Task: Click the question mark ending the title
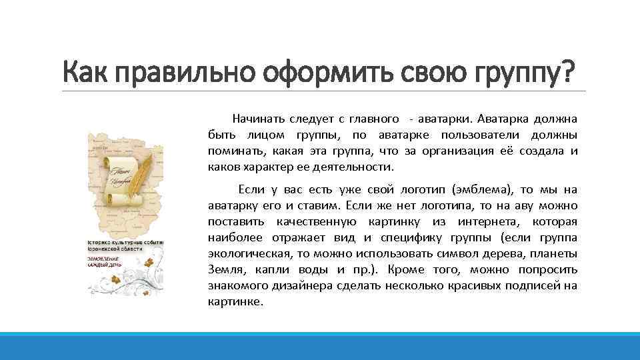(567, 71)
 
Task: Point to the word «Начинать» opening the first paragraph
(257, 119)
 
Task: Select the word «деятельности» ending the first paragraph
(360, 167)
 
